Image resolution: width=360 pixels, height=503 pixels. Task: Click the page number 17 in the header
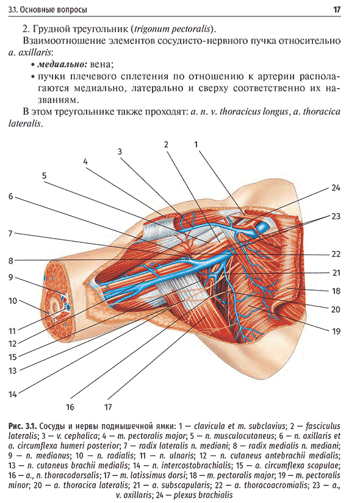[337, 10]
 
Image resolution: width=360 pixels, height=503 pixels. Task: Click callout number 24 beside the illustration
[336, 187]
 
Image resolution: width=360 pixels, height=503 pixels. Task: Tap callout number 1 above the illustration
[196, 144]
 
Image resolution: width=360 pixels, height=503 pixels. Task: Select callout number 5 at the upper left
[45, 175]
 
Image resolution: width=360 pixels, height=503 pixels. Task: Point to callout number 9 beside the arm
[10, 277]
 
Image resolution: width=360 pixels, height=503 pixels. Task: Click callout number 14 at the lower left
[12, 394]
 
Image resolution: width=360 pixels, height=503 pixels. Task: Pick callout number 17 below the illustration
[108, 407]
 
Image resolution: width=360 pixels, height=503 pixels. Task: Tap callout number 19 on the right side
[336, 331]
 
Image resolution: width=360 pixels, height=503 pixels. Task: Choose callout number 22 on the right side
[336, 254]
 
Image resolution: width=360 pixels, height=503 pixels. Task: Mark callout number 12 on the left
[12, 344]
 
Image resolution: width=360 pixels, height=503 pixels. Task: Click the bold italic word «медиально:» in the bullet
[62, 65]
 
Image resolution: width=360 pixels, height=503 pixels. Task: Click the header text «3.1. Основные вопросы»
[48, 10]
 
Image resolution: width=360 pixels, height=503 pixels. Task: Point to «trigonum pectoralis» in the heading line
[173, 29]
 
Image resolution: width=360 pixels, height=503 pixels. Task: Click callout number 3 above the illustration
[120, 151]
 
